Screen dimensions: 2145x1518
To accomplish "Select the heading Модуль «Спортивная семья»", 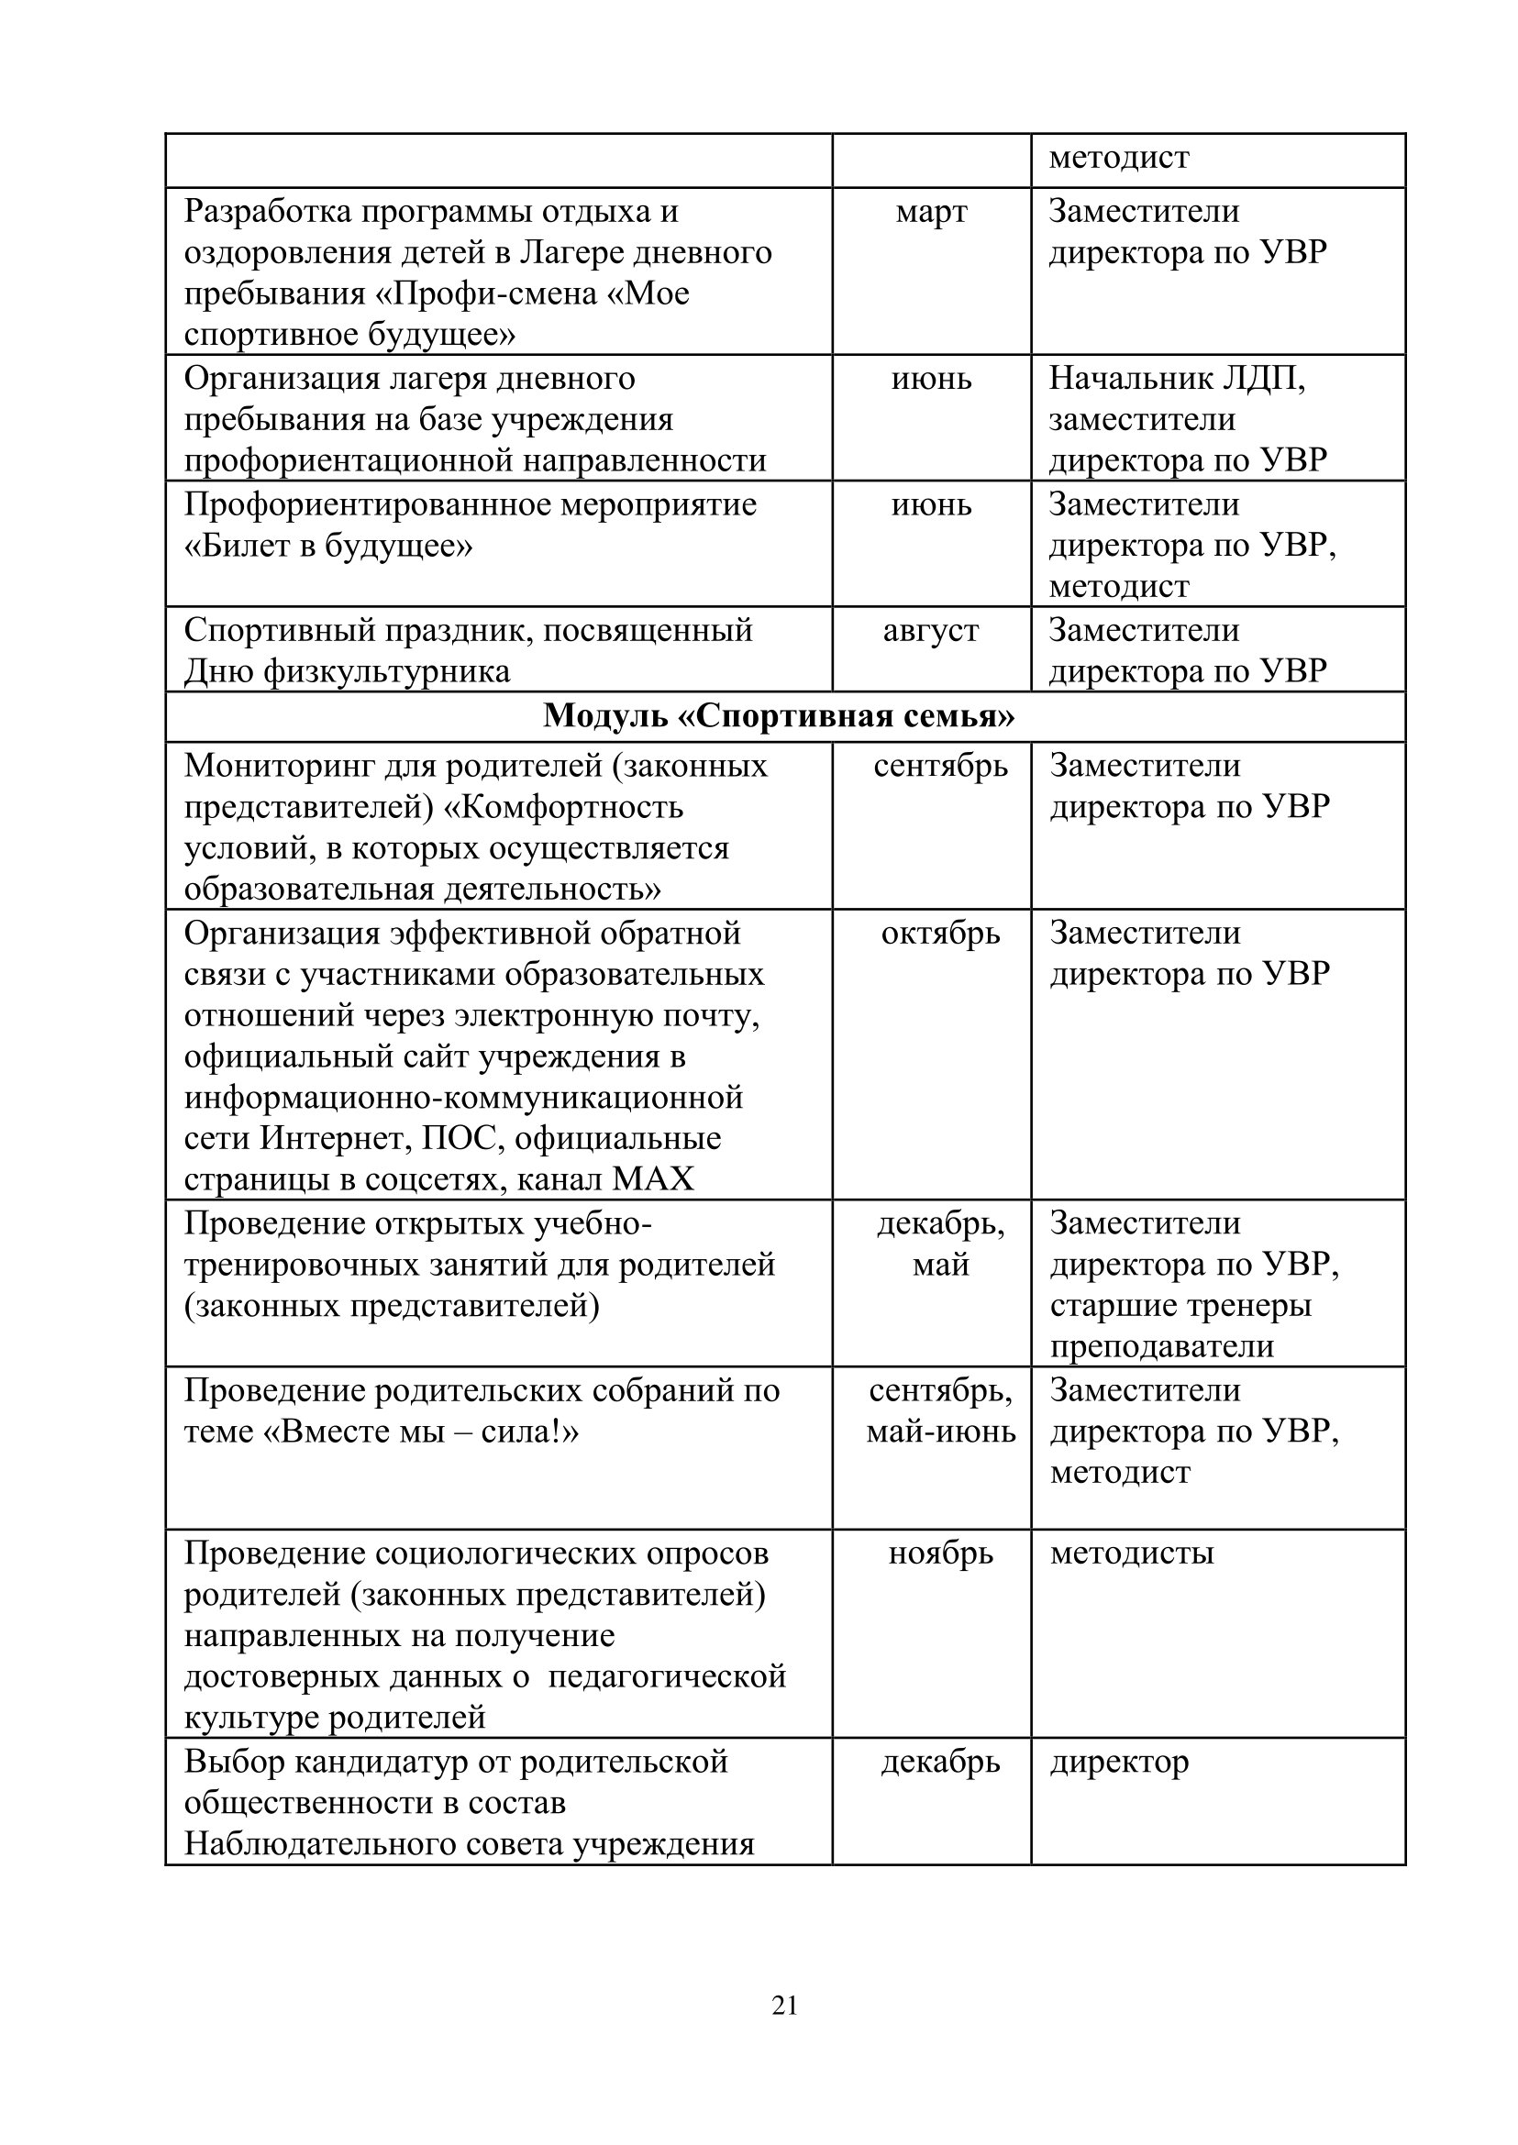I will pos(779,716).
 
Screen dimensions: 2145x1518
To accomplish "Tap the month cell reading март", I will pos(931,211).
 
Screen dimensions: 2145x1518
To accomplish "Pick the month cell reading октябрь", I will pos(940,933).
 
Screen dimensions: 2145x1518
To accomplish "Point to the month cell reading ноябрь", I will pos(940,1553).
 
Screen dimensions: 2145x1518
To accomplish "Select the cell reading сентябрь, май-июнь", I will pos(940,1410).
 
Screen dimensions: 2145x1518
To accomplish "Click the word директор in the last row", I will pos(1119,1762).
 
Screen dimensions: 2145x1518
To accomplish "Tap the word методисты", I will pos(1131,1553).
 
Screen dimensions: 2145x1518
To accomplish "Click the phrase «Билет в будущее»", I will pos(328,545).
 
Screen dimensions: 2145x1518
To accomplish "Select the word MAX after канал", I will pos(653,1179).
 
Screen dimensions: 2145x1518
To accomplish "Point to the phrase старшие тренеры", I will pos(1180,1305).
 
